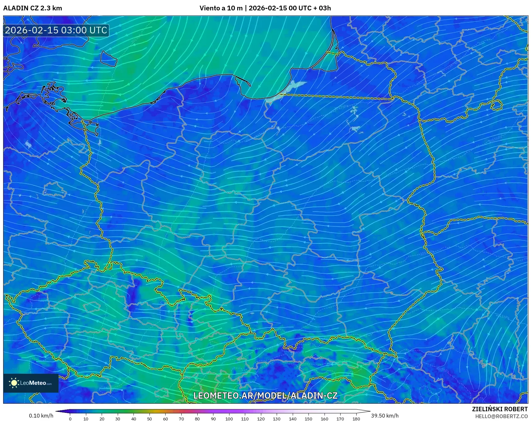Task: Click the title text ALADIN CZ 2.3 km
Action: tap(32, 8)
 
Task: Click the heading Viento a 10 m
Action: tap(221, 8)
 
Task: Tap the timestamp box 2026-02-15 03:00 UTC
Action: tap(56, 30)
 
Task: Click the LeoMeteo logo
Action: tap(31, 383)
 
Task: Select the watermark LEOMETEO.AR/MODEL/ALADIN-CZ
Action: tap(265, 395)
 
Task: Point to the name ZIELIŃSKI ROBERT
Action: tap(500, 409)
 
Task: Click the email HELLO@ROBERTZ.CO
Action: tap(501, 416)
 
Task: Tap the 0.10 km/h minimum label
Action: tap(41, 416)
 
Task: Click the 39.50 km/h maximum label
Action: tap(385, 416)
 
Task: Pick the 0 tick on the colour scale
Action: tap(70, 419)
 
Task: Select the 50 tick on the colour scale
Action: tap(150, 419)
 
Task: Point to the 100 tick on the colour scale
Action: tap(229, 419)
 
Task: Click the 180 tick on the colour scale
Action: tap(356, 419)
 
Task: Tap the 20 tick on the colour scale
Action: tap(102, 419)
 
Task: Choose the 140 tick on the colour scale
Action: tap(292, 419)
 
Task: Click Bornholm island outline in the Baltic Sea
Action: tap(108, 59)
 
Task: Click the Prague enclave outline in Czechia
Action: tap(92, 307)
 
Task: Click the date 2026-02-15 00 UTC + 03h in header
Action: tap(290, 8)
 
